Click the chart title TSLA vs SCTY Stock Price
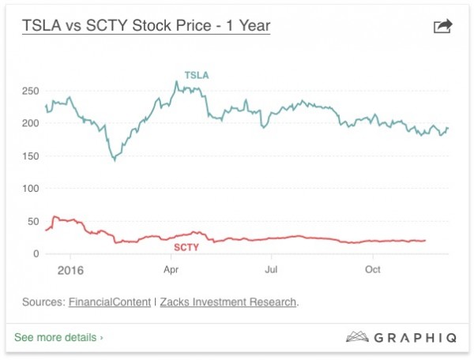(145, 25)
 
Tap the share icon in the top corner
(443, 27)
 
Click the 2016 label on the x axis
(70, 270)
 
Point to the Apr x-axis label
(171, 270)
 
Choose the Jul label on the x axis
(271, 270)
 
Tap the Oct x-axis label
(372, 270)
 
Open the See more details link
(58, 337)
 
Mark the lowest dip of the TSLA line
(115, 160)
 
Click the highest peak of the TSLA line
(176, 81)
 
